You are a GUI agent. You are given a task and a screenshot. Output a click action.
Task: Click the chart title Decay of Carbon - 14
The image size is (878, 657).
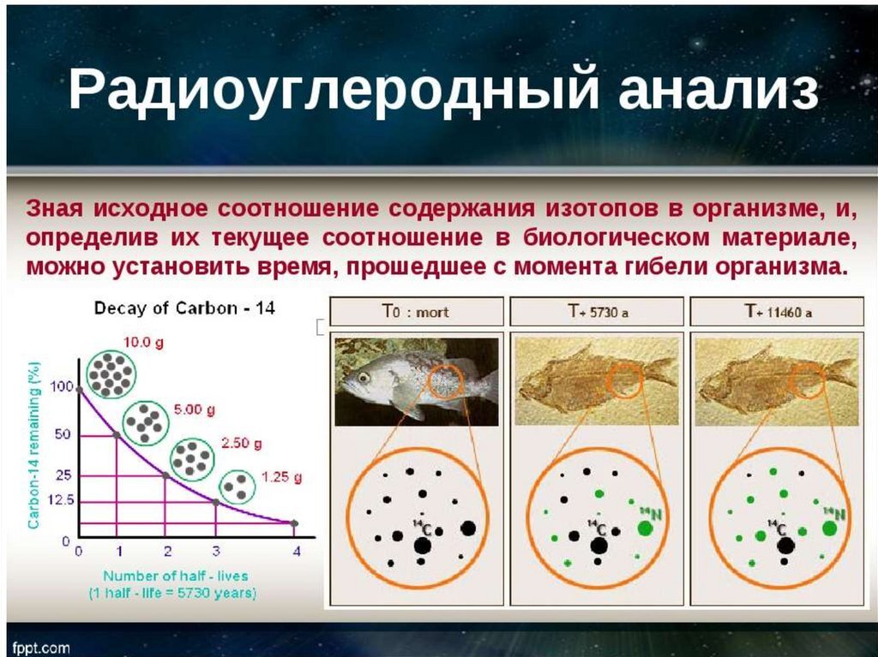184,308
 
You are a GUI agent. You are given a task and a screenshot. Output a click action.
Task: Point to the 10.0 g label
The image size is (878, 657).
143,342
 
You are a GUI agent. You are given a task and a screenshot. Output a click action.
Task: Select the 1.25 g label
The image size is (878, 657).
281,477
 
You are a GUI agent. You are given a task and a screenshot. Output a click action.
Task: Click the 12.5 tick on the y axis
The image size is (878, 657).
61,499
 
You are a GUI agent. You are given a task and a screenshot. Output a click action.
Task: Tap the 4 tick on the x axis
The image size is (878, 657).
297,552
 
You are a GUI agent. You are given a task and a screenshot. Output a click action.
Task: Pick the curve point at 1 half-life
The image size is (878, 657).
117,435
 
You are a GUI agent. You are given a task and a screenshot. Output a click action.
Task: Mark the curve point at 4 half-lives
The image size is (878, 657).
295,523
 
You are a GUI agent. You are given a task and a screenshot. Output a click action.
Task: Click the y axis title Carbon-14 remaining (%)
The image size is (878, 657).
34,445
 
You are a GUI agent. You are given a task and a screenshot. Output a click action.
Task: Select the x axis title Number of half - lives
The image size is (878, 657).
175,576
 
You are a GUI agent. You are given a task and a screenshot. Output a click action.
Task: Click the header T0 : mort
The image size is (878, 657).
416,312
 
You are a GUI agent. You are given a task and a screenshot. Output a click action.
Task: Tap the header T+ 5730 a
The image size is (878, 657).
598,312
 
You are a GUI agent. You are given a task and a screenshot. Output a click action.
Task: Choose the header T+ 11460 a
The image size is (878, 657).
778,312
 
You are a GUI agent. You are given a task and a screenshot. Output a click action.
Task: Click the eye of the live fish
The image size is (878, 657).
364,378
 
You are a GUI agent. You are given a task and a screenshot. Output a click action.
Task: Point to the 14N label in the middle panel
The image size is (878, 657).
652,513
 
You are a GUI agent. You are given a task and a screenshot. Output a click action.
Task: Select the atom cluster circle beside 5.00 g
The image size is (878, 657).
146,422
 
